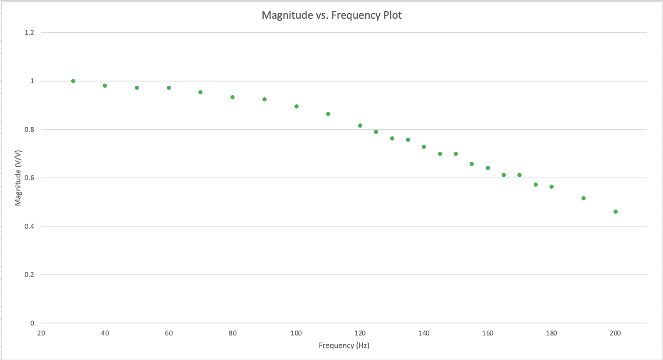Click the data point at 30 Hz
73,81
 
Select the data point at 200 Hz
616,212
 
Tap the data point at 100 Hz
297,106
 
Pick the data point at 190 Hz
584,198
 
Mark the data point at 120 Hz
360,126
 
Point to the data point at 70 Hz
200,92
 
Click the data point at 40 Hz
105,86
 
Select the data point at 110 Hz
328,114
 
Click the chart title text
331,15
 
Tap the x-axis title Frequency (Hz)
344,345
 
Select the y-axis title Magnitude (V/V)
18,178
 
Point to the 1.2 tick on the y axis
30,32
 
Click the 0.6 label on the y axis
30,178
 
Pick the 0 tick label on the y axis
32,323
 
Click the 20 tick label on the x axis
41,333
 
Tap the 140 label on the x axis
424,333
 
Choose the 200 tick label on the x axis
615,333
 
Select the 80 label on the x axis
233,333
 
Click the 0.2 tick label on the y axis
30,275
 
